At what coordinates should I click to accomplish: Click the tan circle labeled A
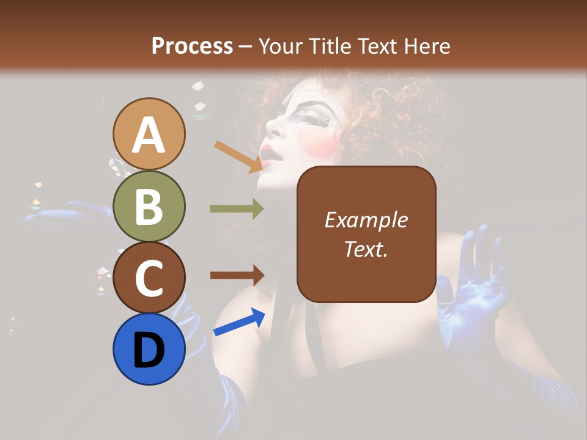tap(149, 134)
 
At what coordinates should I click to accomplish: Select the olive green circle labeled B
tap(149, 206)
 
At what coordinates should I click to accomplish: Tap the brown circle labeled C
tap(149, 277)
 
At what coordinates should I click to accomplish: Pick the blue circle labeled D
tap(149, 349)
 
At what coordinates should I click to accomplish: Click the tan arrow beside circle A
tap(238, 156)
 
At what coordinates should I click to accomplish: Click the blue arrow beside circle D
tap(239, 322)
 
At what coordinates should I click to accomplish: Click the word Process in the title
tap(192, 46)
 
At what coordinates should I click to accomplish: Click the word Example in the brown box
tap(366, 220)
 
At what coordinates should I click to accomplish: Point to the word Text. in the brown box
tap(366, 249)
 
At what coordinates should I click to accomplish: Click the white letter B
tap(149, 206)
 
